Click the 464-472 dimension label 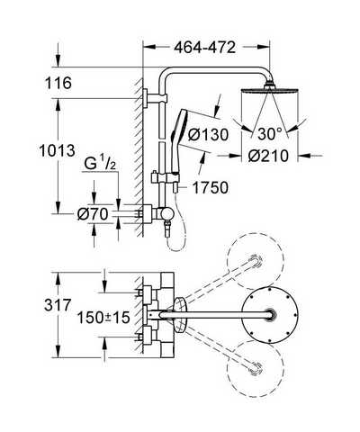click(205, 48)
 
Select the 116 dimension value click(58, 83)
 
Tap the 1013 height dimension click(57, 150)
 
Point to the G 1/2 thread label click(100, 164)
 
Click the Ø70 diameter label click(93, 214)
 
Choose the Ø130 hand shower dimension click(208, 134)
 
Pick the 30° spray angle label click(270, 134)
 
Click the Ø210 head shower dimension click(268, 156)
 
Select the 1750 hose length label click(210, 188)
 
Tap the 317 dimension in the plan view click(58, 305)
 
